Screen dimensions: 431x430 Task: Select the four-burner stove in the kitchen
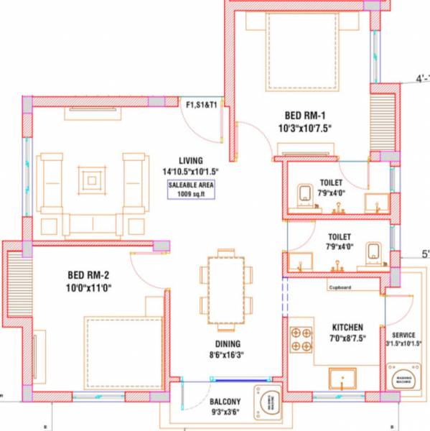click(x=301, y=340)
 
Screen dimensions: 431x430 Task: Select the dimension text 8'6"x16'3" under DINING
click(x=226, y=355)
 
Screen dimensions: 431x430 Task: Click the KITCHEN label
click(x=347, y=327)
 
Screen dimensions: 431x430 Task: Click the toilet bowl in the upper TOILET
click(x=304, y=193)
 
